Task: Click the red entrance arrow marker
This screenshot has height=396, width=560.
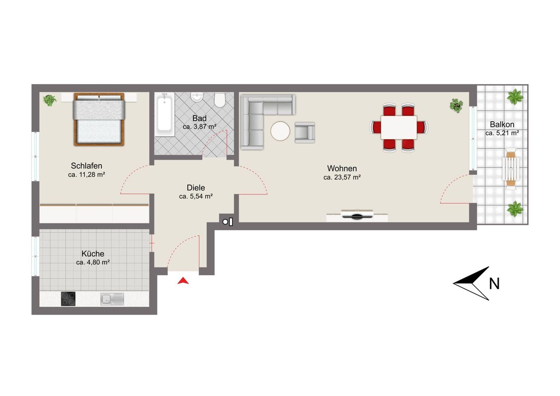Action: click(183, 281)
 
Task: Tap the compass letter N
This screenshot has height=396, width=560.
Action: click(494, 284)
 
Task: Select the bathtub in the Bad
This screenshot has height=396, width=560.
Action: click(164, 115)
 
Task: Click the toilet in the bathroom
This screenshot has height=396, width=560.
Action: click(220, 100)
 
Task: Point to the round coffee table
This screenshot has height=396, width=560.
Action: click(280, 131)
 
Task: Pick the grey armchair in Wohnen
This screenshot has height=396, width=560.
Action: click(305, 133)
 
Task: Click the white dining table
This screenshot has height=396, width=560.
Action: click(399, 127)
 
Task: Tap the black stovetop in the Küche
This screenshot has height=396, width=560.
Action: click(68, 299)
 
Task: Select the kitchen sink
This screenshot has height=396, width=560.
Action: click(112, 299)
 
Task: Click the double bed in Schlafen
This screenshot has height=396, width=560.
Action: click(99, 119)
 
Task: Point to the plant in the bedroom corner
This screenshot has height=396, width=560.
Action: click(49, 100)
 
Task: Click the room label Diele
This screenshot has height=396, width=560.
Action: click(196, 188)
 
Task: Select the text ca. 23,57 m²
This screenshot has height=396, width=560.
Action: click(342, 177)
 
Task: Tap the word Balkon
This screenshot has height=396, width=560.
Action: click(502, 124)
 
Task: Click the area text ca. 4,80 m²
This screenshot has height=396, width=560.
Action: click(93, 262)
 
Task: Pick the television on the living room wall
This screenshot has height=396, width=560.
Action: click(357, 215)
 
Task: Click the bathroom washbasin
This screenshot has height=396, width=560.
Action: click(197, 97)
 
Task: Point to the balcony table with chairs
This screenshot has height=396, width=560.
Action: click(511, 169)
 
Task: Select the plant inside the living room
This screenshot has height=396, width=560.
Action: click(456, 105)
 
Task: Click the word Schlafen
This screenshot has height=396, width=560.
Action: click(87, 166)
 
